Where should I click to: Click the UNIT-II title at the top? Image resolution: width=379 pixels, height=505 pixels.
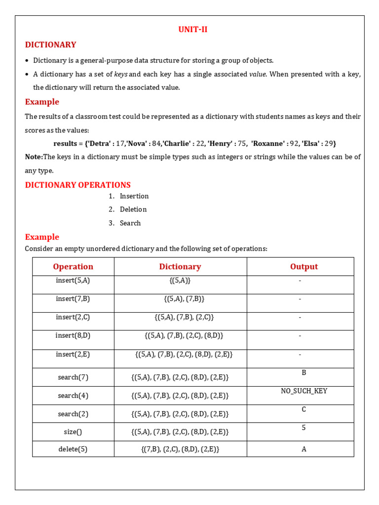[193, 30]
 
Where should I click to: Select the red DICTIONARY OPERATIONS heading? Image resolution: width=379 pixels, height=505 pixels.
[77, 185]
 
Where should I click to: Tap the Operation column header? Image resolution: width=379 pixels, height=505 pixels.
[73, 267]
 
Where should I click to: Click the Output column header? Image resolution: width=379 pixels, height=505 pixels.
[304, 267]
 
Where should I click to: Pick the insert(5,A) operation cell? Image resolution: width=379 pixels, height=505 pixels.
[73, 280]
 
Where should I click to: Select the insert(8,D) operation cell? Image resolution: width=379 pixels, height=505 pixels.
[73, 335]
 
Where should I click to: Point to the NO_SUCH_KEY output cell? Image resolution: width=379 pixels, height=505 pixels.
[304, 391]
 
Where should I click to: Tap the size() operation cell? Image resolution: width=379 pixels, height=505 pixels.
[73, 432]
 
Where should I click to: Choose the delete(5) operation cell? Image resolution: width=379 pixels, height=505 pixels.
[73, 449]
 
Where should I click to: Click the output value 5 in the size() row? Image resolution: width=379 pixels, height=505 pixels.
[304, 428]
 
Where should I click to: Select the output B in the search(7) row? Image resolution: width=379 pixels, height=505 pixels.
[304, 372]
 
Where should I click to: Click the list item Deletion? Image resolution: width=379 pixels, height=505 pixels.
[133, 209]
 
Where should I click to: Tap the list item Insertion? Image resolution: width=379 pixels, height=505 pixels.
[134, 196]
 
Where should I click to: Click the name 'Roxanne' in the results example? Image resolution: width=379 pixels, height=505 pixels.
[269, 144]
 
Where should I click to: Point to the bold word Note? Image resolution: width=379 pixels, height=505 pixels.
[34, 157]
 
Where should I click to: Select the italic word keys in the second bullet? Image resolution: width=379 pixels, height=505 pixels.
[120, 74]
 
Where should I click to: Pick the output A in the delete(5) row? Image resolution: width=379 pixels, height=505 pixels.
[304, 449]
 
